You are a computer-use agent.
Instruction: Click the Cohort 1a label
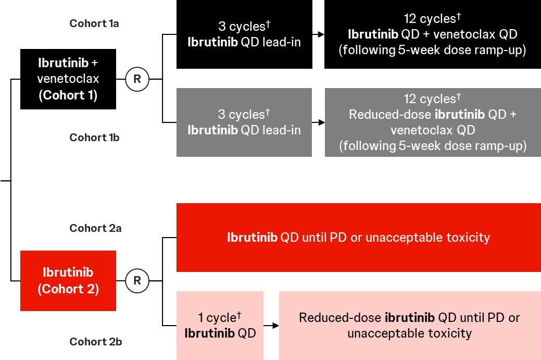click(94, 23)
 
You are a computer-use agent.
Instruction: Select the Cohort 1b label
click(95, 138)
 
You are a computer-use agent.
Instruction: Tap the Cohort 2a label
click(96, 228)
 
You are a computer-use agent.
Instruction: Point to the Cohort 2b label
click(96, 342)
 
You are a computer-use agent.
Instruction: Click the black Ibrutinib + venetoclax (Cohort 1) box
click(68, 79)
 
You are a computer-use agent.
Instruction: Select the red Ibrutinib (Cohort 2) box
click(68, 281)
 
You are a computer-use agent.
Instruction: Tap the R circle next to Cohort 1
click(137, 79)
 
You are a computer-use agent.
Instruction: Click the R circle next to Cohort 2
click(137, 281)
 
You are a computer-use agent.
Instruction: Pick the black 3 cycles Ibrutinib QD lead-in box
click(244, 34)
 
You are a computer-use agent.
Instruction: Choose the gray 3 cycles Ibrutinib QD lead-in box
click(244, 122)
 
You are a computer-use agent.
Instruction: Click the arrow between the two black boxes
click(319, 34)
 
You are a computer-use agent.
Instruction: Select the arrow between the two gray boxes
click(319, 122)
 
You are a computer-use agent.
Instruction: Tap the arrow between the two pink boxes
click(271, 326)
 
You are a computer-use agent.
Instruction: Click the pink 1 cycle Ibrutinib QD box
click(220, 326)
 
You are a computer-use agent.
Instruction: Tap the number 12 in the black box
click(410, 19)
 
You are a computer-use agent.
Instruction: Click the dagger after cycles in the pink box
click(239, 315)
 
